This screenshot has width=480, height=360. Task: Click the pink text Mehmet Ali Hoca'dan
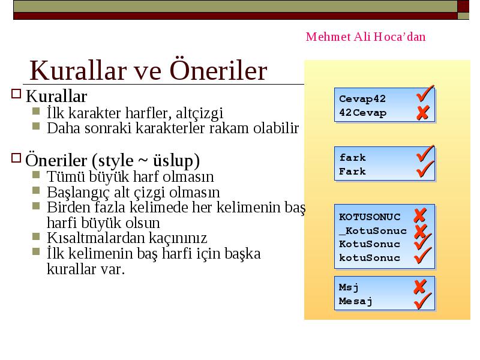pyautogui.click(x=365, y=37)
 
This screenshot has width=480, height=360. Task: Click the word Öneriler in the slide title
pyautogui.click(x=218, y=70)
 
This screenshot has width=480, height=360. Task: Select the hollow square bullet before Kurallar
pyautogui.click(x=16, y=94)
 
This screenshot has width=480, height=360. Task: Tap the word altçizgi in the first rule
pyautogui.click(x=199, y=113)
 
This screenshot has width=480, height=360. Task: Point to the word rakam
pyautogui.click(x=229, y=128)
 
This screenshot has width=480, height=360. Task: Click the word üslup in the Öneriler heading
pyautogui.click(x=173, y=161)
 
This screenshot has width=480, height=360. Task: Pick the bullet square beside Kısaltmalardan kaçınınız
pyautogui.click(x=36, y=236)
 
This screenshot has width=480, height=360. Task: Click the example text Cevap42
pyautogui.click(x=362, y=98)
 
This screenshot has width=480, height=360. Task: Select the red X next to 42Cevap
pyautogui.click(x=423, y=113)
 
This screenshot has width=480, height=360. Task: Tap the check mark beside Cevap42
pyautogui.click(x=425, y=93)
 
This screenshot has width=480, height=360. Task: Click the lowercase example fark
pyautogui.click(x=352, y=157)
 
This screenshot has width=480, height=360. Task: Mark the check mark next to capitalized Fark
pyautogui.click(x=425, y=169)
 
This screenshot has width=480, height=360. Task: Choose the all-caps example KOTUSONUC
pyautogui.click(x=370, y=217)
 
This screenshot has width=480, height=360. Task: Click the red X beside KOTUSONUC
pyautogui.click(x=420, y=215)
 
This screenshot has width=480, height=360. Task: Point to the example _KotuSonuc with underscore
pyautogui.click(x=373, y=231)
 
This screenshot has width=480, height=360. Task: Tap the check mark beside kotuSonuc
pyautogui.click(x=423, y=256)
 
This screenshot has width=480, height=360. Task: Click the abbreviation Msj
pyautogui.click(x=349, y=287)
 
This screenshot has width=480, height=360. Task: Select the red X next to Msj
pyautogui.click(x=420, y=287)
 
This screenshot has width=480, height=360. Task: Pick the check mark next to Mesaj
pyautogui.click(x=423, y=301)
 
